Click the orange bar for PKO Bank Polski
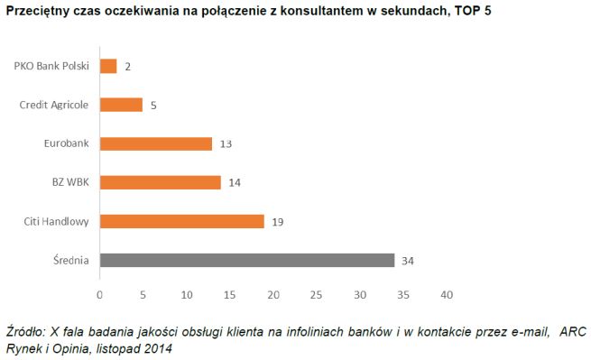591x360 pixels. [108, 66]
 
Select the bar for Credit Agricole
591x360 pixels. [121, 105]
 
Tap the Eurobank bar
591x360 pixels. [155, 143]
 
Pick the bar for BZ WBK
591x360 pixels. [160, 182]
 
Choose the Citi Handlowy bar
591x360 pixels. [181, 221]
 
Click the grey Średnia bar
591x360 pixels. [246, 260]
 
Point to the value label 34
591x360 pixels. [407, 261]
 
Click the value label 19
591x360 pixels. [277, 222]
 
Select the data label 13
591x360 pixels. [225, 144]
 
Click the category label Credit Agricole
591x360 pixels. [53, 105]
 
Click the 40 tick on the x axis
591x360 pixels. [446, 294]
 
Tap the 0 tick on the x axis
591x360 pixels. [99, 294]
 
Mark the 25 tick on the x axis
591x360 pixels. [316, 294]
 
